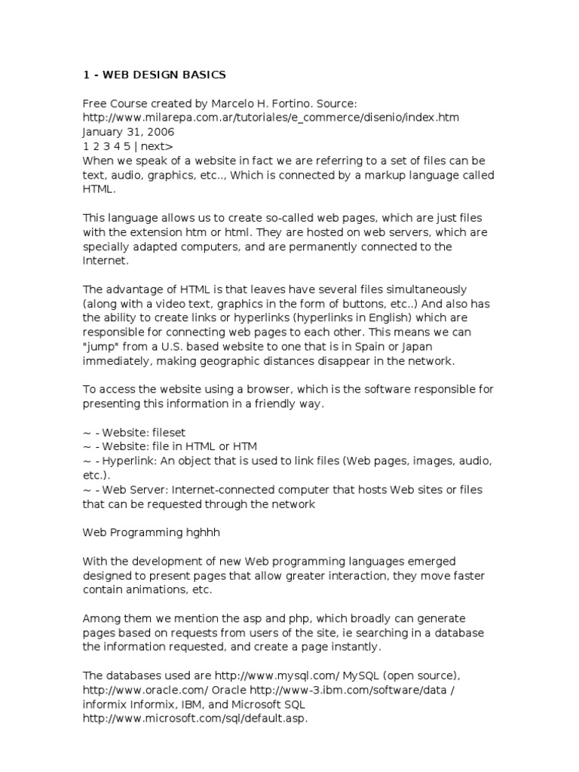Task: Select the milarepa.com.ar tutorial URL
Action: click(x=271, y=118)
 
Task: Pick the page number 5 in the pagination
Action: click(x=127, y=146)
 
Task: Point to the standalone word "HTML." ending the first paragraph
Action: click(x=96, y=189)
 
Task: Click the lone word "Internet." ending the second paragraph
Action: click(x=106, y=260)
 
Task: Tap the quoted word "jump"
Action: click(x=102, y=346)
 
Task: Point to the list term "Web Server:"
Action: click(x=127, y=489)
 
